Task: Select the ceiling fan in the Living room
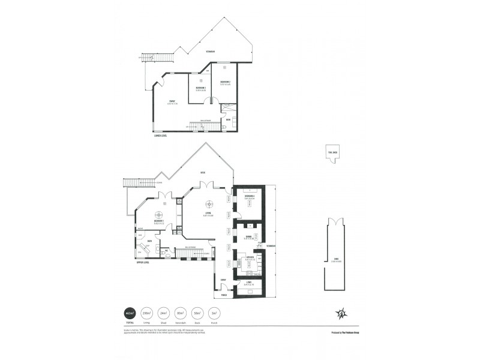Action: [209, 203]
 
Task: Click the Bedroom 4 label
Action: [251, 197]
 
